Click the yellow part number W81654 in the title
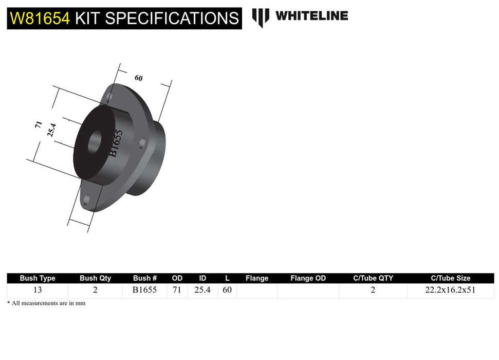40,19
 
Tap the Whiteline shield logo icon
261,17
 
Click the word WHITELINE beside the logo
311,16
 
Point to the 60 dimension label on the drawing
138,78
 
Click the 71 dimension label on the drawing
38,125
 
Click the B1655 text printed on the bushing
115,142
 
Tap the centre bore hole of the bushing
94,142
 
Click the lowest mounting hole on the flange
86,200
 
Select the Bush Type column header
38,278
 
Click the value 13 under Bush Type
38,290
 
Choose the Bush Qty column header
95,278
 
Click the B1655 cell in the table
145,290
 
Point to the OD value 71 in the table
177,290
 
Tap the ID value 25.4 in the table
202,290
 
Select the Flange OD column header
308,278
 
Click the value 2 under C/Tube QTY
373,290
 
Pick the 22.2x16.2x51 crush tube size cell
450,290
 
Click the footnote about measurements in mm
46,303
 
